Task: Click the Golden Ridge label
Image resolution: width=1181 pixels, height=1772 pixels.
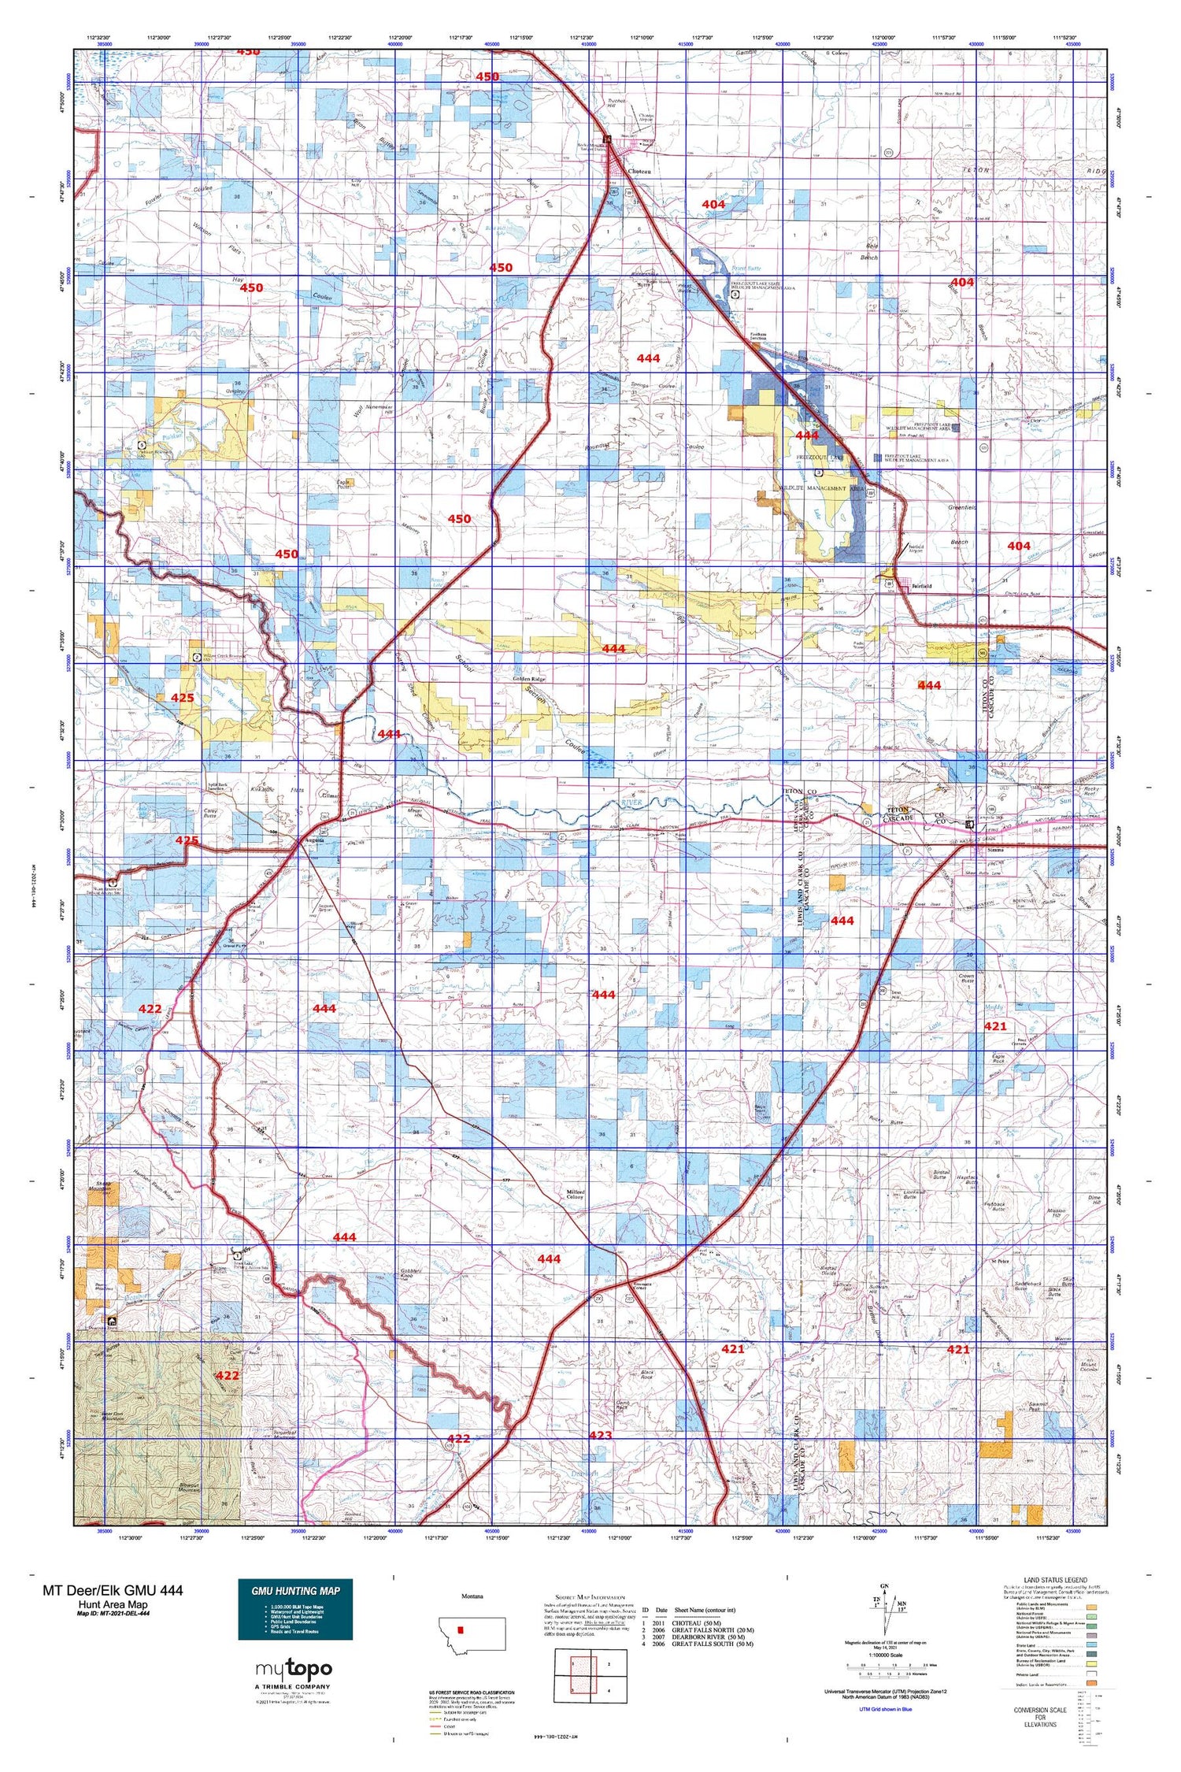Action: [x=529, y=678]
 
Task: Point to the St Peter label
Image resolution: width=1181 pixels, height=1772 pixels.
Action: [x=999, y=1261]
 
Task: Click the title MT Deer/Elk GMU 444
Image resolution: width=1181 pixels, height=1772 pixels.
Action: [x=113, y=1590]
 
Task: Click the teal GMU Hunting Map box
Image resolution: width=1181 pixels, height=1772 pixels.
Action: [x=295, y=1610]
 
